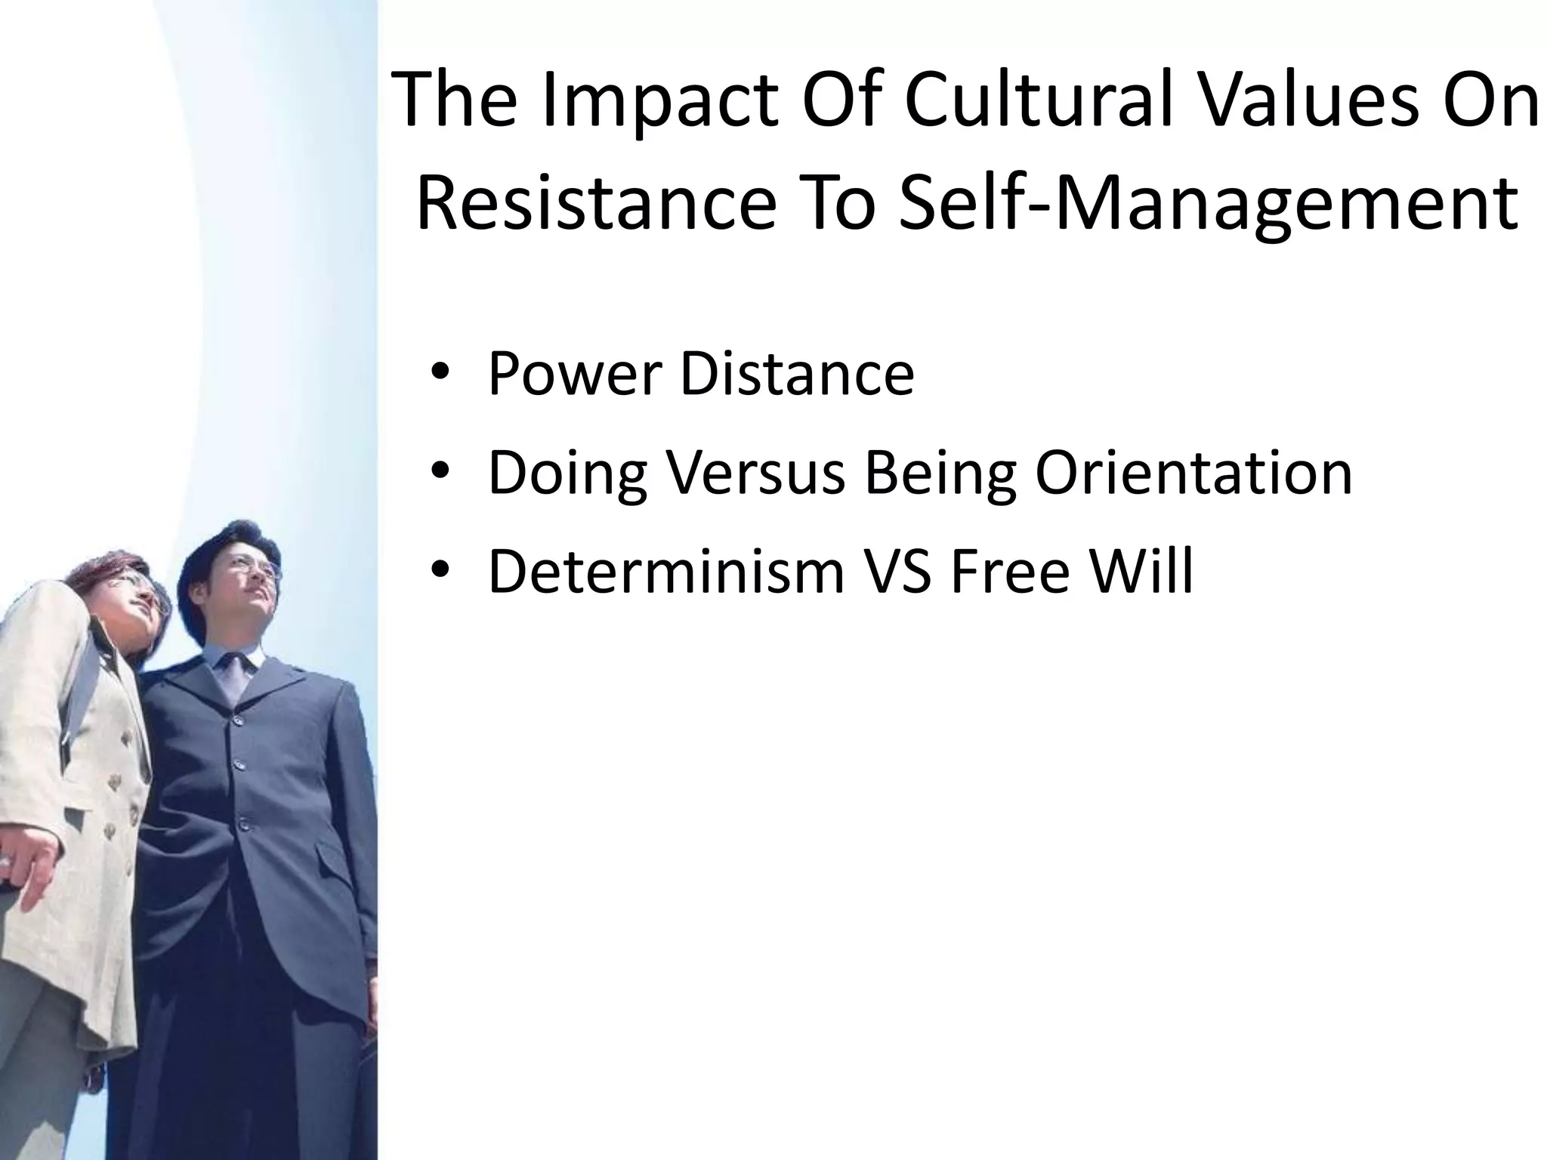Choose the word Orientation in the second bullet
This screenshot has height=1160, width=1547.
coord(1193,474)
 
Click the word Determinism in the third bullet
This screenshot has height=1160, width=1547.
coord(665,572)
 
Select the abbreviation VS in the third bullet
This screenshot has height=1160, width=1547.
coord(898,572)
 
